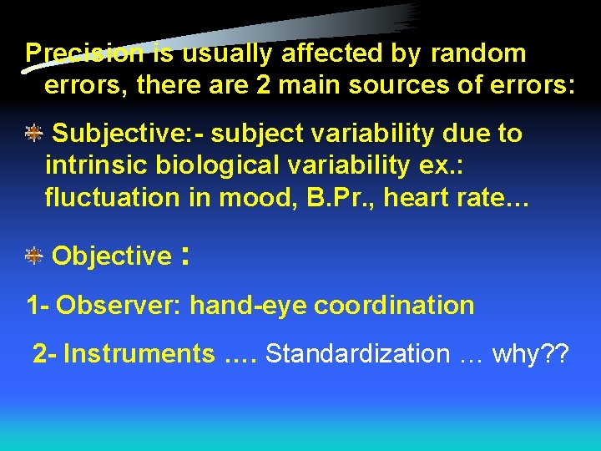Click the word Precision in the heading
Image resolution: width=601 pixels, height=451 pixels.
pyautogui.click(x=84, y=53)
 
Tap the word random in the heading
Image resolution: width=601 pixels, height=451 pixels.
pyautogui.click(x=478, y=53)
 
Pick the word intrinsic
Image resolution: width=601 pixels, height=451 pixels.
pyautogui.click(x=92, y=165)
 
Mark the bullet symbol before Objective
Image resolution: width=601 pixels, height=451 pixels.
pyautogui.click(x=33, y=256)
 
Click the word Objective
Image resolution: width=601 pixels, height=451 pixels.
pyautogui.click(x=111, y=256)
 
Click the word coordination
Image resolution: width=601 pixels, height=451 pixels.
pyautogui.click(x=394, y=306)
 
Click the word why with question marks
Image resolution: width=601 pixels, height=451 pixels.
pyautogui.click(x=531, y=354)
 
